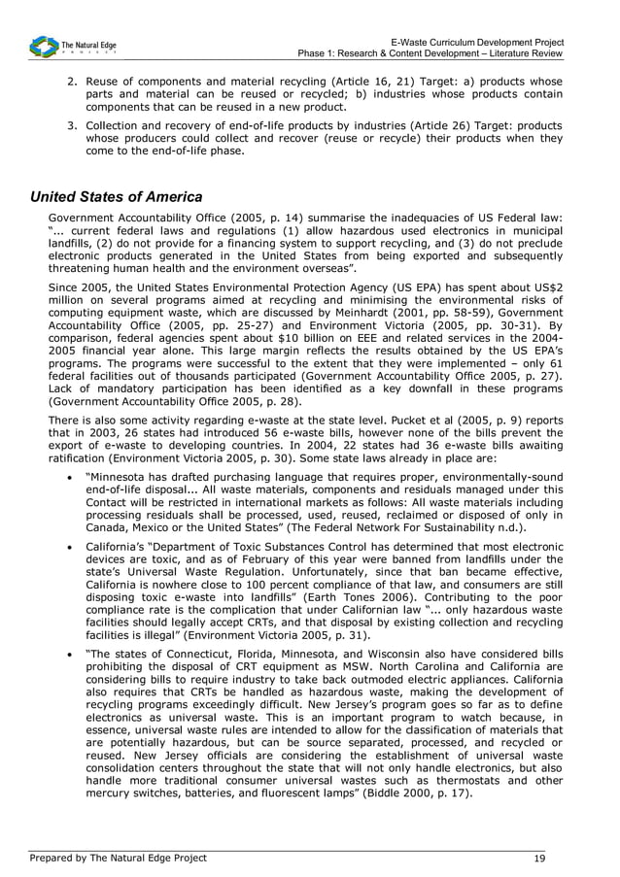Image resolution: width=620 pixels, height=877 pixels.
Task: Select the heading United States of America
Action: coord(117,197)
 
